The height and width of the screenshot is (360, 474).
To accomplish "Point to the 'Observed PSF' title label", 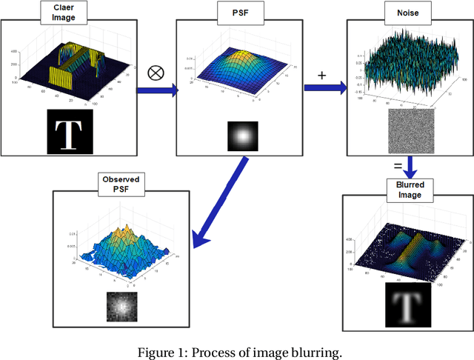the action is tap(121, 184).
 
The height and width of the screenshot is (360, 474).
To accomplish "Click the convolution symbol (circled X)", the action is tap(156, 73).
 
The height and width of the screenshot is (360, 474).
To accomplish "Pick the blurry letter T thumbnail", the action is tap(404, 304).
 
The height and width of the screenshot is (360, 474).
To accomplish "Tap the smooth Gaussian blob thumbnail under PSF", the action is tap(241, 136).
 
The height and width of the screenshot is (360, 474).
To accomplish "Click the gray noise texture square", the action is tap(410, 133).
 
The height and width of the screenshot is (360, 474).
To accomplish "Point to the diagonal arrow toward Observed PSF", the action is tap(218, 203).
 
